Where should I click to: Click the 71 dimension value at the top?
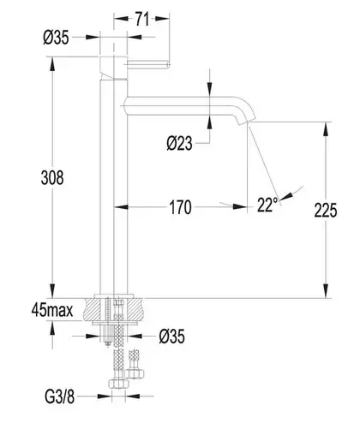point(142,20)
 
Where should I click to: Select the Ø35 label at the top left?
point(56,38)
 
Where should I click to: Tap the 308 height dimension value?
point(52,177)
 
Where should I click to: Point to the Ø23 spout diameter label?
point(179,143)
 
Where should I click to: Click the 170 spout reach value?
point(180,207)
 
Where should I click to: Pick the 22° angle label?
point(267,205)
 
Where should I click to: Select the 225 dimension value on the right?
point(326,210)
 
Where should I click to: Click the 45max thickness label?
point(52,310)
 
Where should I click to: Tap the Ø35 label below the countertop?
point(172,336)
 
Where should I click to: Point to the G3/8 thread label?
point(60,396)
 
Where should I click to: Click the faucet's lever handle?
point(148,64)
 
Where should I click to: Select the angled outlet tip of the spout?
point(247,121)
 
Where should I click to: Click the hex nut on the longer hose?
point(118,384)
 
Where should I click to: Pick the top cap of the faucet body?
point(113,68)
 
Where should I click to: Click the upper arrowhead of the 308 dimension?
point(52,64)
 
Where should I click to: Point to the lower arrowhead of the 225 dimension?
point(326,291)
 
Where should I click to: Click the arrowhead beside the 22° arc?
point(286,195)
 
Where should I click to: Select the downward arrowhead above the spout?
point(210,89)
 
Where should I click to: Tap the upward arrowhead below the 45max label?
point(52,328)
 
